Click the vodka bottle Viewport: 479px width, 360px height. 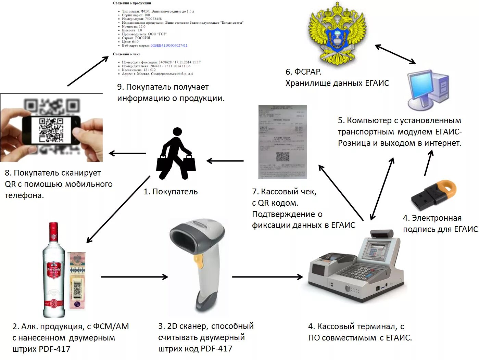click(x=54, y=270)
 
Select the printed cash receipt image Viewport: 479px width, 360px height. click(x=283, y=142)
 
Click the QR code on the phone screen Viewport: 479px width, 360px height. click(x=51, y=130)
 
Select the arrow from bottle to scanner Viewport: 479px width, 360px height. click(x=134, y=277)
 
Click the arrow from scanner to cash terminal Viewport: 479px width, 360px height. click(x=267, y=277)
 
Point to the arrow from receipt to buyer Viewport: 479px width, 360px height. click(x=225, y=160)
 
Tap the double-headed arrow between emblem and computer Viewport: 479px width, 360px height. click(x=395, y=54)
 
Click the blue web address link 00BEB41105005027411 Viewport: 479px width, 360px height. click(x=169, y=46)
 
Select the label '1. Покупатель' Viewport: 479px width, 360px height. click(x=171, y=192)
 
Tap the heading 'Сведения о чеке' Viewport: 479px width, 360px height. click(x=126, y=54)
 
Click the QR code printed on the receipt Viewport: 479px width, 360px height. click(x=283, y=156)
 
